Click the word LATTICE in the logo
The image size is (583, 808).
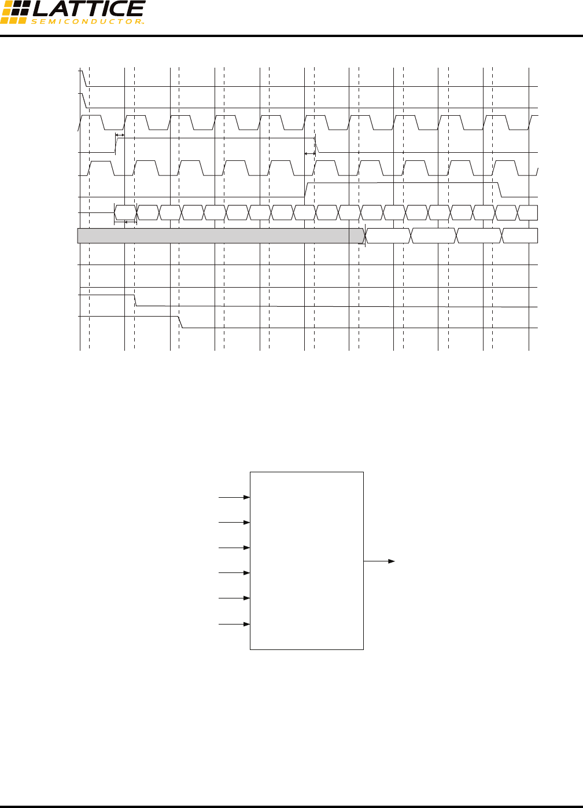point(88,9)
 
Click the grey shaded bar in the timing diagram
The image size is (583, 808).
point(220,236)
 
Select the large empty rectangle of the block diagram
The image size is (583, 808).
point(307,560)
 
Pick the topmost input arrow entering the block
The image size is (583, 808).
point(234,497)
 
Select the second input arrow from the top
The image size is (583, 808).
point(234,523)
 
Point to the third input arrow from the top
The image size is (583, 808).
point(234,548)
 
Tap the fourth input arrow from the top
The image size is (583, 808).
point(234,573)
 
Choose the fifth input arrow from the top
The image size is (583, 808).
point(234,598)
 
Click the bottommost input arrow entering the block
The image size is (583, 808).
point(234,625)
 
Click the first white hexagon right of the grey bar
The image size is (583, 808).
point(388,236)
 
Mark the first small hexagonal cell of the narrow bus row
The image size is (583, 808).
point(126,212)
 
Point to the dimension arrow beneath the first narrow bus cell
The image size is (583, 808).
point(126,222)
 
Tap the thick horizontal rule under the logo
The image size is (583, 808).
point(291,36)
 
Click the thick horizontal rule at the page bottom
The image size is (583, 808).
point(291,806)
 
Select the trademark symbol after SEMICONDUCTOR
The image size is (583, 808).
point(142,22)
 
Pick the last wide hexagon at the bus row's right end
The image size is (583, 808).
point(520,236)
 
